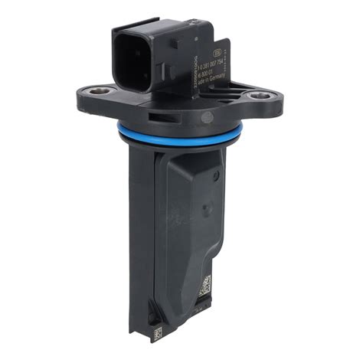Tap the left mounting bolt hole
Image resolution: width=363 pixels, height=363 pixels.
[x=93, y=93]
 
